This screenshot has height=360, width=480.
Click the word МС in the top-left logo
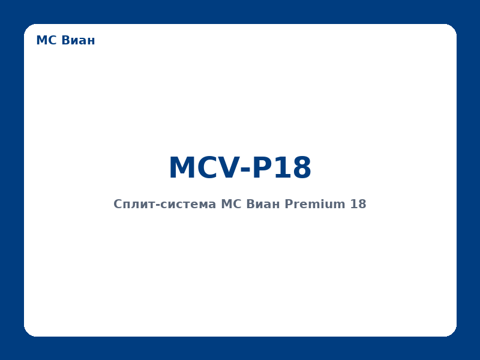point(45,41)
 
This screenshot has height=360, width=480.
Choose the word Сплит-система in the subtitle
point(165,205)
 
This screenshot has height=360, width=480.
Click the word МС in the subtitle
point(231,205)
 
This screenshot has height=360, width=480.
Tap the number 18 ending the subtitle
point(358,205)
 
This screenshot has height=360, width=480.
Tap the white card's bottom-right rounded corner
point(452,332)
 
